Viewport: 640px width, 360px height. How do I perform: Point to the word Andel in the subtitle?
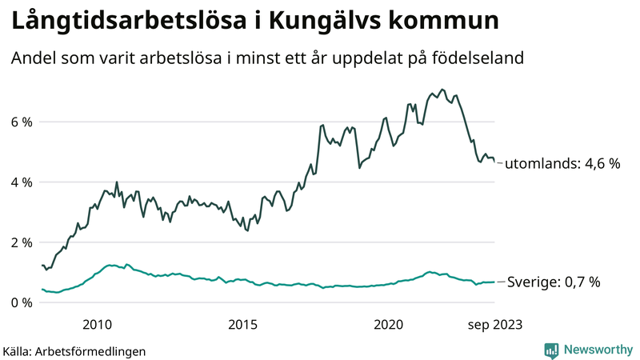tap(33, 58)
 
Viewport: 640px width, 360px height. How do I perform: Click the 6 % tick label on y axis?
tap(21, 122)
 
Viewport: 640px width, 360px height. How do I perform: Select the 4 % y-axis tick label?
tap(21, 182)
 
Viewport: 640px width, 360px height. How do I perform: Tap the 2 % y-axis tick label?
tap(21, 242)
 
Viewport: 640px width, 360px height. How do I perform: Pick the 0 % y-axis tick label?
tap(21, 302)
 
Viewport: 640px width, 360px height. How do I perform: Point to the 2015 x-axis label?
tap(242, 324)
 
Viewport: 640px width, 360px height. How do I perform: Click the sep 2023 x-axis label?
tap(496, 324)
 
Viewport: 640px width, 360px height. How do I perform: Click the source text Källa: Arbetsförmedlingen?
tap(74, 350)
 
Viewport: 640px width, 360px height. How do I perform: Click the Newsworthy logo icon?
tap(551, 350)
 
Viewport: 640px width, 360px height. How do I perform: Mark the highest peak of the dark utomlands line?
tap(442, 90)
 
